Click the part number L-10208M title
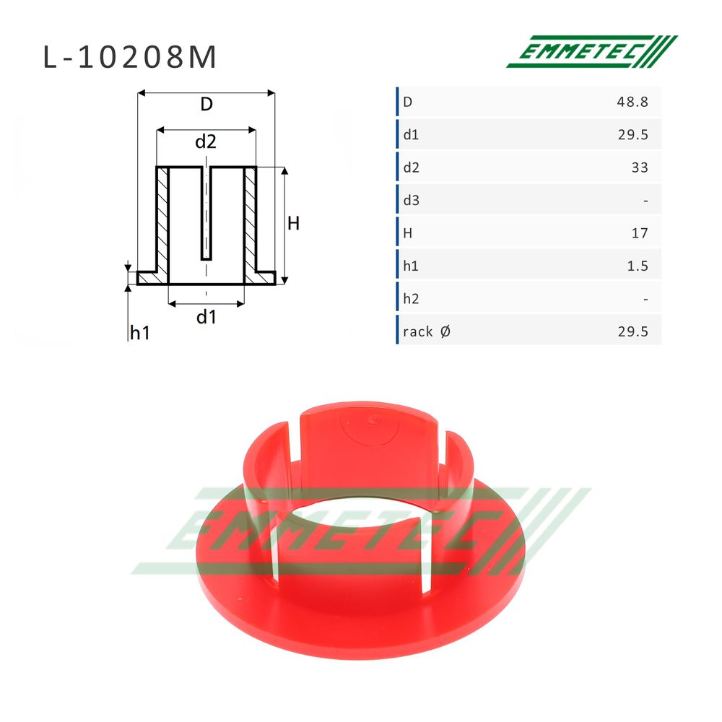click(129, 57)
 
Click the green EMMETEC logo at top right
click(592, 51)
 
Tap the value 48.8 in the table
click(632, 102)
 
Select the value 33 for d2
click(640, 168)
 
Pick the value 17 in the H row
click(640, 233)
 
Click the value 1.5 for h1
click(638, 266)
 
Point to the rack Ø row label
click(427, 331)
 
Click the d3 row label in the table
click(412, 200)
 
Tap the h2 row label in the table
click(412, 299)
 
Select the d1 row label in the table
click(411, 134)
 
